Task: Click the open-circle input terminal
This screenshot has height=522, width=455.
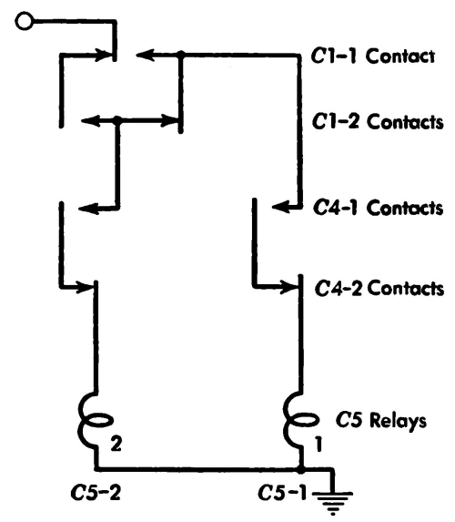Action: pyautogui.click(x=25, y=21)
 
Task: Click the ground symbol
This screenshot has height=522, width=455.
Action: pyautogui.click(x=333, y=503)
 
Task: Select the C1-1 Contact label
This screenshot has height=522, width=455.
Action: pyautogui.click(x=373, y=56)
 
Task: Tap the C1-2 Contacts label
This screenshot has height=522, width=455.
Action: pyautogui.click(x=378, y=121)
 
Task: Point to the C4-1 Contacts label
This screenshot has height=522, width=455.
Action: pyautogui.click(x=379, y=208)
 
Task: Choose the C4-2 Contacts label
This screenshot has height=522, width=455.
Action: pyautogui.click(x=379, y=288)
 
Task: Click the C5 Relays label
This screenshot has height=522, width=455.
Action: pyautogui.click(x=381, y=420)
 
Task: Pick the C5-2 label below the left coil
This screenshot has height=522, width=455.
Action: pyautogui.click(x=96, y=493)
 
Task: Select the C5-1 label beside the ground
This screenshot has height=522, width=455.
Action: pyautogui.click(x=282, y=493)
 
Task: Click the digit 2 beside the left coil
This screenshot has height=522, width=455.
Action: pyautogui.click(x=116, y=444)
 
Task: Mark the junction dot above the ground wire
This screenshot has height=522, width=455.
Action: pyautogui.click(x=300, y=470)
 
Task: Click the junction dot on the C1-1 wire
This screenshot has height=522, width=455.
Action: pyautogui.click(x=180, y=55)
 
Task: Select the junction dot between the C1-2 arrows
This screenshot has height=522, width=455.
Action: pyautogui.click(x=116, y=119)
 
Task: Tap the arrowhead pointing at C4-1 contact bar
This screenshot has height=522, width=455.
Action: pyautogui.click(x=280, y=207)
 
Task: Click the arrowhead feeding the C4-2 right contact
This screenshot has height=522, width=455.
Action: pyautogui.click(x=289, y=286)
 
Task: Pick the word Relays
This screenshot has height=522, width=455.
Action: pyautogui.click(x=399, y=421)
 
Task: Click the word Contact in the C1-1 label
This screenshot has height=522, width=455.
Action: pyautogui.click(x=400, y=56)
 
